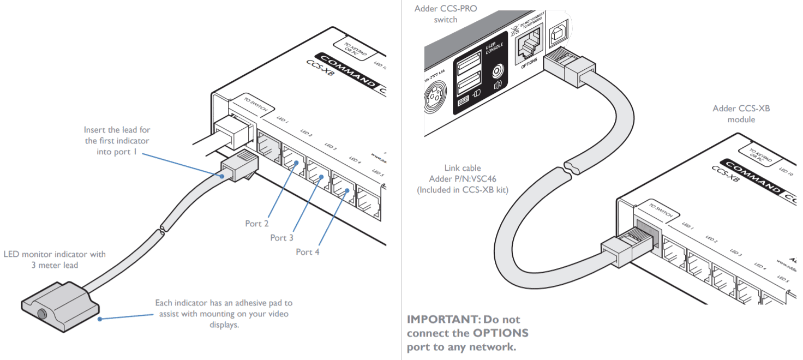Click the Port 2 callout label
pos(256,224)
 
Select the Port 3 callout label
pos(281,238)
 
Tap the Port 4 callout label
pos(307,251)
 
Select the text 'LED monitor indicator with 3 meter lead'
pos(55,260)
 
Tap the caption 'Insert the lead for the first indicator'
pos(117,135)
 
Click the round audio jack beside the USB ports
pos(496,71)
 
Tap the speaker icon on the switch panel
pos(497,86)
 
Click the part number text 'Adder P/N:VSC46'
pos(463,179)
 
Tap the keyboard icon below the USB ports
pos(463,100)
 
